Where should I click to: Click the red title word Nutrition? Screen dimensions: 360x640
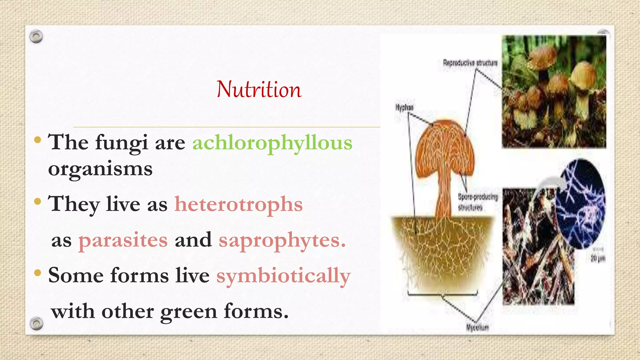pos(259,90)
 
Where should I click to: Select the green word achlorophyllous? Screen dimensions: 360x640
pos(272,143)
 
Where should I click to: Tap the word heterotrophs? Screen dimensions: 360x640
pos(238,204)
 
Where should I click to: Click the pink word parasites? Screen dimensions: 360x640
pos(123,240)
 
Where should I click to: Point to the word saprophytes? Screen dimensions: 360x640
pos(282,240)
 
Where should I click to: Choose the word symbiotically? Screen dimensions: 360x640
pos(283,276)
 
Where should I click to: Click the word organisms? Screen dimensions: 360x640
pos(100,169)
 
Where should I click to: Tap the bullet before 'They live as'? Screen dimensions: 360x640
pos(37,202)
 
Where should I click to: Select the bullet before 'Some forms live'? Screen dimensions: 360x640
pos(37,273)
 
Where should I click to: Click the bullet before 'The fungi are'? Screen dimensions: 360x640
pos(37,140)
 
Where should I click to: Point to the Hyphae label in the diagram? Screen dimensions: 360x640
pos(404,107)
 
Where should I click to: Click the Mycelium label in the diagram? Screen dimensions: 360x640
pos(477,327)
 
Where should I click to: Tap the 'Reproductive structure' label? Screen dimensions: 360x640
pos(470,63)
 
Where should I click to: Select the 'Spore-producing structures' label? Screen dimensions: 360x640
pos(477,202)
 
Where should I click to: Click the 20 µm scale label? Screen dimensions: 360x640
pos(597,258)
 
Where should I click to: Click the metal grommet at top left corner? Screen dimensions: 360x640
pos(36,37)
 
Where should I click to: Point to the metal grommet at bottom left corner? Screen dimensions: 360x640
pos(36,323)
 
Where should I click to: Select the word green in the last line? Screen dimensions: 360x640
pos(188,312)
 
